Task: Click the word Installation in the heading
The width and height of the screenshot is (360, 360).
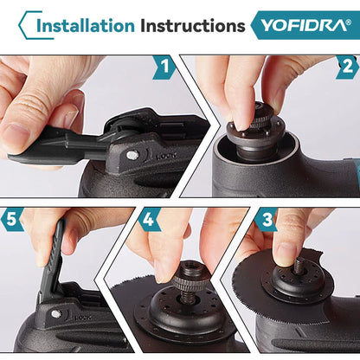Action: tap(85, 25)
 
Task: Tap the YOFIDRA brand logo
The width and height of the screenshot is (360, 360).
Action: tap(302, 25)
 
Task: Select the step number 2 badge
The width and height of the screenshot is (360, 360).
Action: tap(347, 67)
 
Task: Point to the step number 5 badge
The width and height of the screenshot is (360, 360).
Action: tap(12, 220)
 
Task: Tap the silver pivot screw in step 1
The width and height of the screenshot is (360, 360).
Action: tap(132, 155)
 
